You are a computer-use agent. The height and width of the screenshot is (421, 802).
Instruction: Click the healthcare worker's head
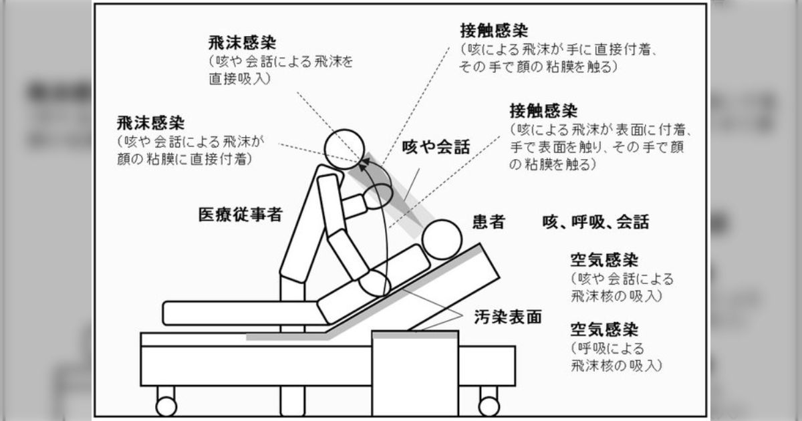click(346, 147)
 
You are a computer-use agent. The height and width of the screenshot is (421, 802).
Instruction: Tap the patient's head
click(442, 237)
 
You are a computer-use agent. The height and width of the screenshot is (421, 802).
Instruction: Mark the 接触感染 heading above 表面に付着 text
click(543, 110)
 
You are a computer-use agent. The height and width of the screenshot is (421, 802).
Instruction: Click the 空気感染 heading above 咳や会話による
click(604, 259)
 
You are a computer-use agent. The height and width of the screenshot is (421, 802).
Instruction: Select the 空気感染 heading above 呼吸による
click(604, 329)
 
